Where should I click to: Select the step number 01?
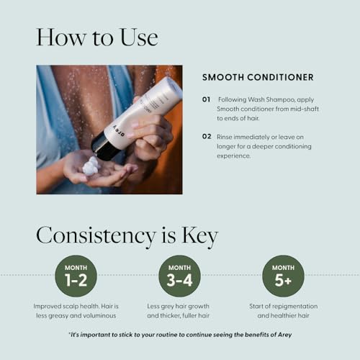(207, 100)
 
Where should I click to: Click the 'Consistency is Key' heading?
(127, 236)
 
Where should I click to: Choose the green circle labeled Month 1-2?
(76, 276)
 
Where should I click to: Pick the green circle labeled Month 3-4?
(179, 276)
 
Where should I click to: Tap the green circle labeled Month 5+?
(283, 276)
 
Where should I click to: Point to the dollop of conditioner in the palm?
(91, 167)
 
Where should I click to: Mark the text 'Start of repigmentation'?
(283, 306)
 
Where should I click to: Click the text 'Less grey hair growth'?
(179, 306)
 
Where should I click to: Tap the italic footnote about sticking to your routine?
(180, 335)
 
